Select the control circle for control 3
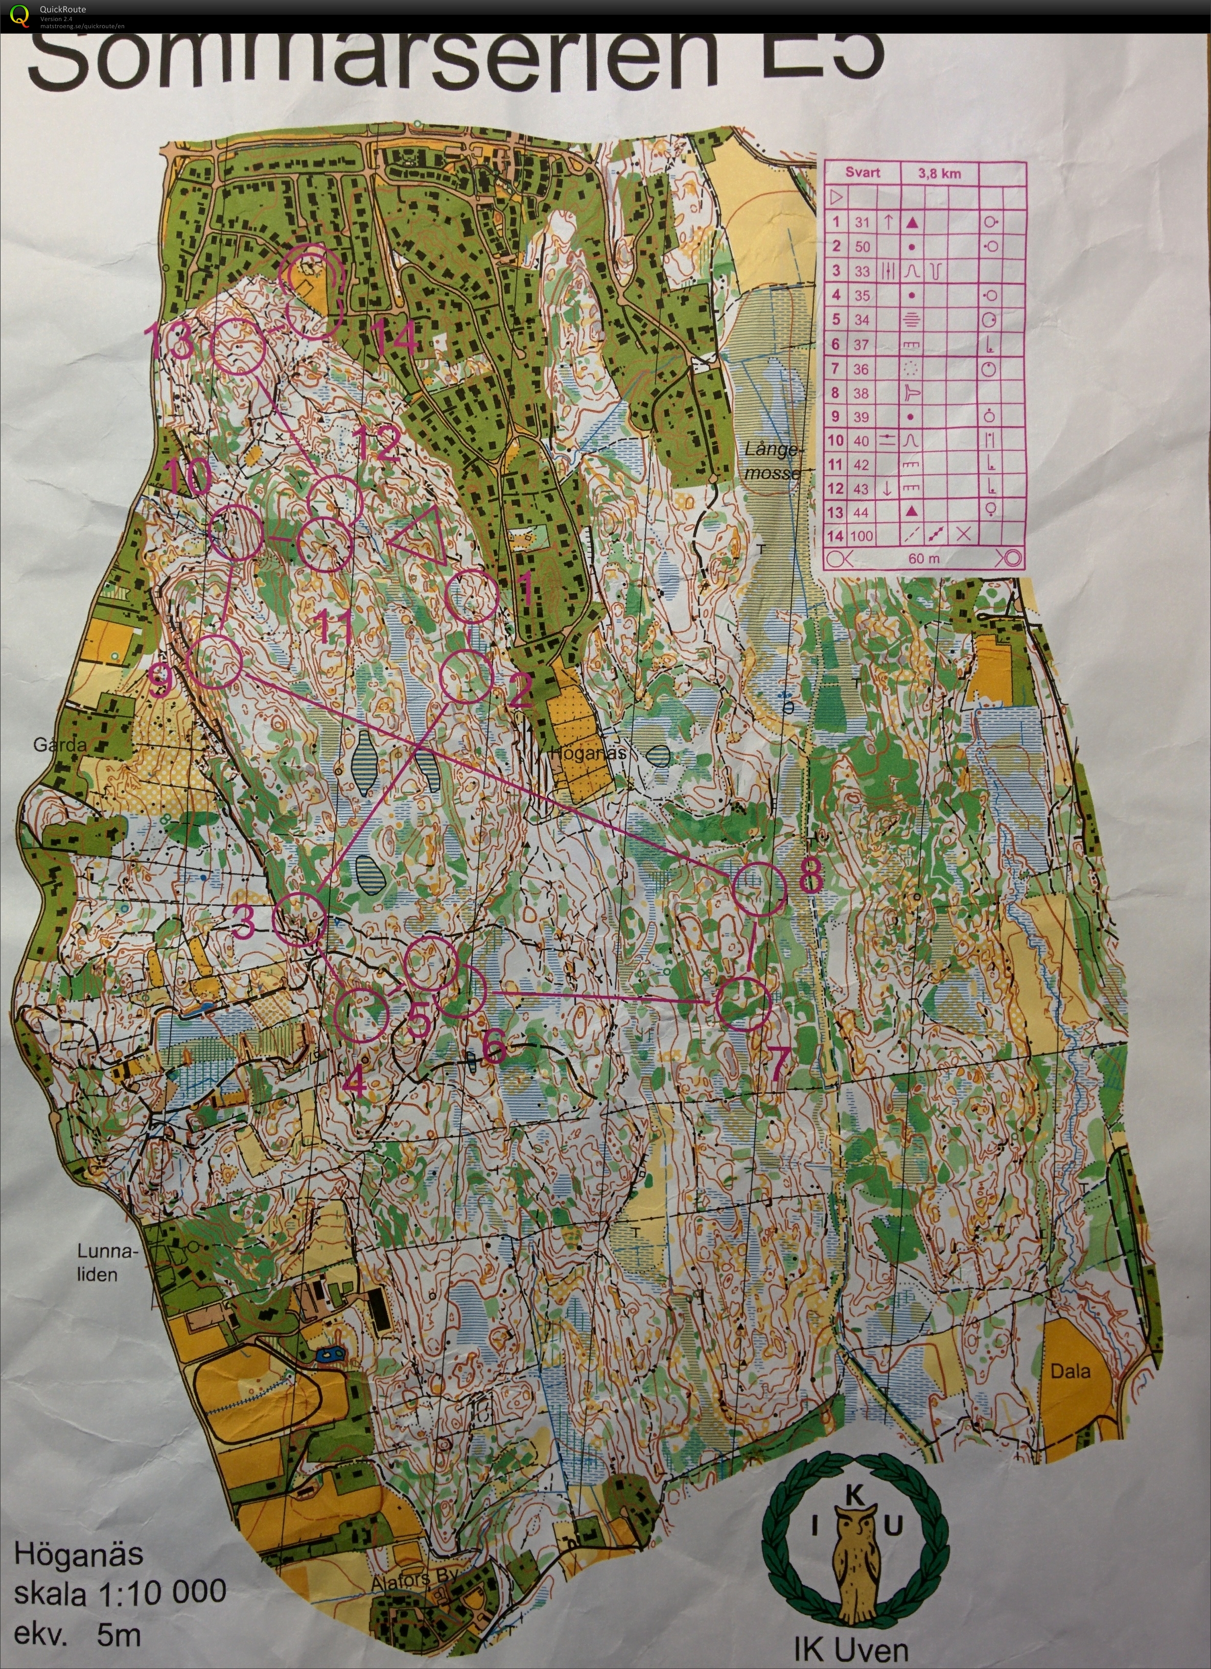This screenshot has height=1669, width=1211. pos(298,919)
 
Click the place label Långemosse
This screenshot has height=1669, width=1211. pos(770,461)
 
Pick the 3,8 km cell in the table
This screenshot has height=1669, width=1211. pos(939,174)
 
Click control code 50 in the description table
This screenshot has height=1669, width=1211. pos(862,247)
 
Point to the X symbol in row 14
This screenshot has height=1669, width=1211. pos(963,534)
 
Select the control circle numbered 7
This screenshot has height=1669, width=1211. pos(743,1003)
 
